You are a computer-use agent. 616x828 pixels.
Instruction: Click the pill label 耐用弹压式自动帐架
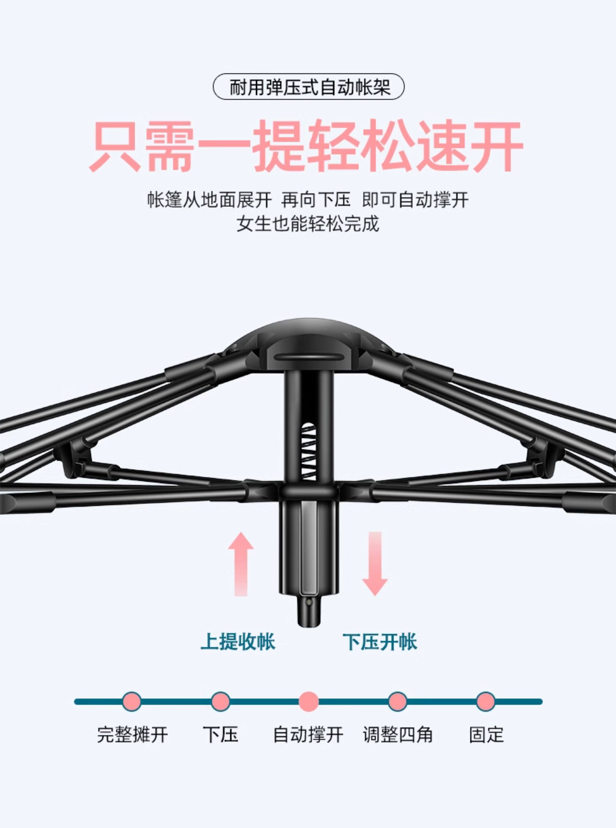coord(308,86)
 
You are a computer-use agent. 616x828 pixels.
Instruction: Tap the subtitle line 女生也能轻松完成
coord(308,224)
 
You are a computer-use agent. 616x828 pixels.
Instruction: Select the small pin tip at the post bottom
coord(308,612)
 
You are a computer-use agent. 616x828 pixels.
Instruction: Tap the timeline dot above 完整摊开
coord(132,702)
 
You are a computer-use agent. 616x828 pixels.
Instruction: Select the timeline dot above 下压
coord(220,702)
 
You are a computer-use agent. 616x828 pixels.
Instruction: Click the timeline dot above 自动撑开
coord(309,702)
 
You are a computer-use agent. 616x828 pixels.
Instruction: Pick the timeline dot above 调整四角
coord(397,702)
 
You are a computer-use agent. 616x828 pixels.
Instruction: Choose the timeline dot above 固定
coord(486,702)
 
